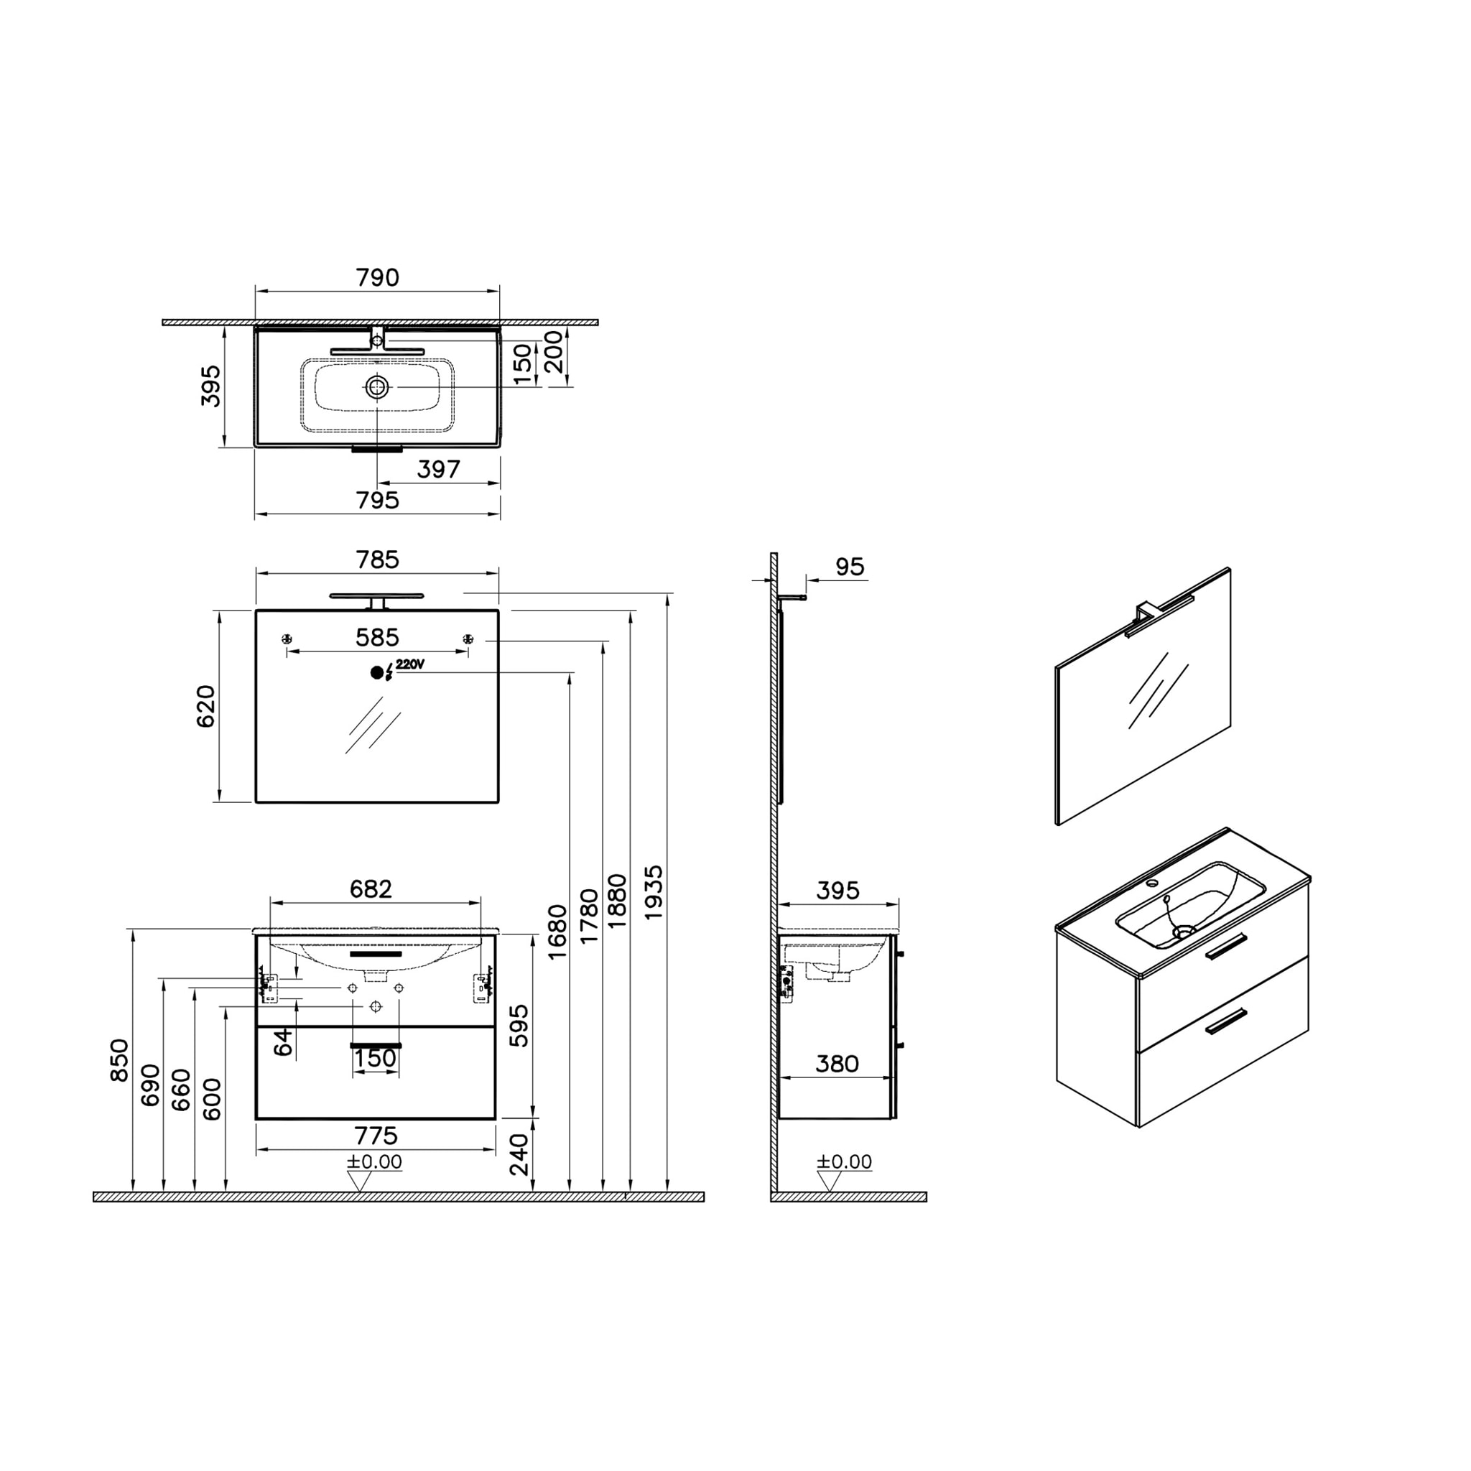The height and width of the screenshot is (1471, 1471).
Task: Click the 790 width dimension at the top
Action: pyautogui.click(x=378, y=278)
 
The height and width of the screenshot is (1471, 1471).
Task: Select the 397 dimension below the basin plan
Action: pyautogui.click(x=439, y=469)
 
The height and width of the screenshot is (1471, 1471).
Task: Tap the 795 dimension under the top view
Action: pyautogui.click(x=378, y=500)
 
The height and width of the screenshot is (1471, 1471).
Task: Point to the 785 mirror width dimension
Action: pyautogui.click(x=378, y=560)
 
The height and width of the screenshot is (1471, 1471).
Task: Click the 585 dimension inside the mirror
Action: pyautogui.click(x=378, y=637)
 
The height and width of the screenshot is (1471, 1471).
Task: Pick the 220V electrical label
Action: pyautogui.click(x=409, y=664)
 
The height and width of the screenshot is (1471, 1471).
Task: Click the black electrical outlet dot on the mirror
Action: pyautogui.click(x=377, y=672)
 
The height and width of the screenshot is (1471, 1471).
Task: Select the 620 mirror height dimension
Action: pyautogui.click(x=206, y=706)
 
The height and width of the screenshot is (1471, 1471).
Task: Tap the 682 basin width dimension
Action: pyautogui.click(x=371, y=888)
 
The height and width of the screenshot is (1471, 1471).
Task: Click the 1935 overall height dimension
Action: pyautogui.click(x=654, y=891)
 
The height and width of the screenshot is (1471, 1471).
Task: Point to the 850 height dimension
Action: pyautogui.click(x=120, y=1060)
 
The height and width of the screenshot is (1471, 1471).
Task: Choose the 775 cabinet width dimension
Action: pyautogui.click(x=376, y=1136)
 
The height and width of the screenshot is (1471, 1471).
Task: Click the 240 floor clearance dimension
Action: pyautogui.click(x=519, y=1154)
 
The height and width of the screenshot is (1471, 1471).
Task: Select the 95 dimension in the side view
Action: pyautogui.click(x=850, y=567)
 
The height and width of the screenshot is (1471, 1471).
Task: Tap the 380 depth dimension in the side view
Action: pyautogui.click(x=837, y=1064)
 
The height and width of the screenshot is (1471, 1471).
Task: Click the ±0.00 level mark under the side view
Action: pyautogui.click(x=845, y=1162)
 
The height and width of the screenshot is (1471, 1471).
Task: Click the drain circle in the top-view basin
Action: pyautogui.click(x=377, y=387)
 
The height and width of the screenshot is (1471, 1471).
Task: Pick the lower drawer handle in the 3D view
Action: pyautogui.click(x=1225, y=1021)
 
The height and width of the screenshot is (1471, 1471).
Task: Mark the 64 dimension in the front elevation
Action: pyautogui.click(x=283, y=1041)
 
